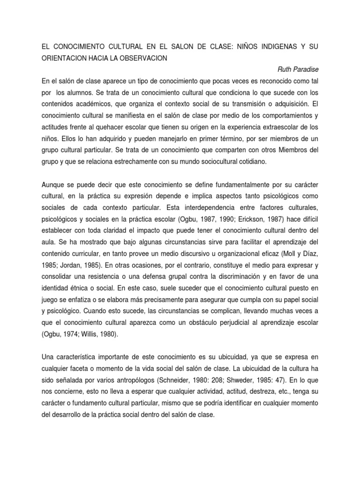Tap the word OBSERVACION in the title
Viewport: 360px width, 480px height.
coord(141,58)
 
